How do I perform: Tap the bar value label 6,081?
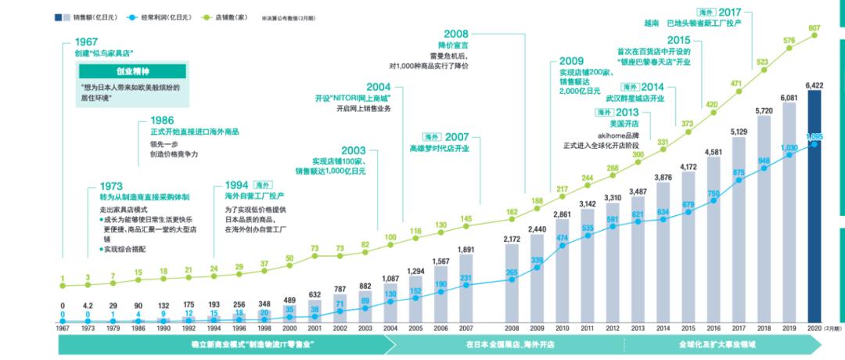point(789,99)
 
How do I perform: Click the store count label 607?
point(814,28)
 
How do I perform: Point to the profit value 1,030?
point(789,147)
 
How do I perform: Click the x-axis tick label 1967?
point(62,329)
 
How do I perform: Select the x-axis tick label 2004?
point(390,329)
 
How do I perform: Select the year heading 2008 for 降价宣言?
point(455,34)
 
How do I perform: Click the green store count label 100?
point(390,237)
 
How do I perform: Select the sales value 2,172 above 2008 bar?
point(512,239)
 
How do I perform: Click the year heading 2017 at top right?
point(729,12)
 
